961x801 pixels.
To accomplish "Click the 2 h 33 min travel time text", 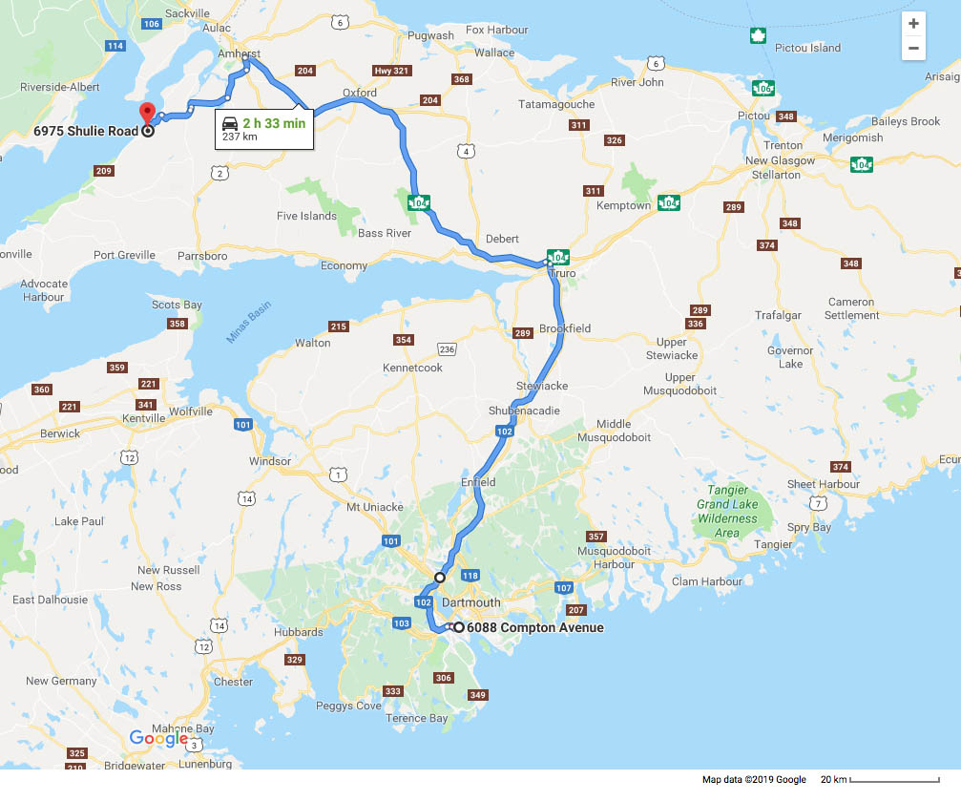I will coord(274,122).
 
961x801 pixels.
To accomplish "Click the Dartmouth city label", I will coord(471,602).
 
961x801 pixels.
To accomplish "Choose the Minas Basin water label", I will coord(249,323).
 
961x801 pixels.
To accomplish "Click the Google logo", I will coord(158,738).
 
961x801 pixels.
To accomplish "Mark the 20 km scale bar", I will coord(893,780).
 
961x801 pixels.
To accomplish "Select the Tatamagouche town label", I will coord(555,104).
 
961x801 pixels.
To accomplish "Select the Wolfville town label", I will coord(190,411).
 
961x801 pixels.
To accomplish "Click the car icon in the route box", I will coord(230,124).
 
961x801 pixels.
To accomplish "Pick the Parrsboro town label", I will coord(201,256).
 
